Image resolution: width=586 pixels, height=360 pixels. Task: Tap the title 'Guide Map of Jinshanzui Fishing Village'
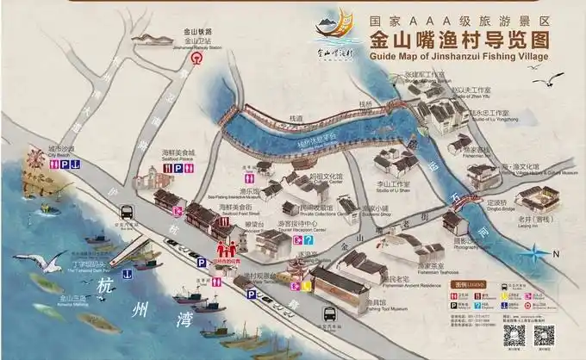tap(458, 58)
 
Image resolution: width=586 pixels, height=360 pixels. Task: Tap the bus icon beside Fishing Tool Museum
tap(327, 315)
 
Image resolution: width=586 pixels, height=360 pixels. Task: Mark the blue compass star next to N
tap(539, 253)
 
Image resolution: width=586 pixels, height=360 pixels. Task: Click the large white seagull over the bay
tap(47, 260)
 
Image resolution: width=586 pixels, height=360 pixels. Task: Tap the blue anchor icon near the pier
tap(126, 274)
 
